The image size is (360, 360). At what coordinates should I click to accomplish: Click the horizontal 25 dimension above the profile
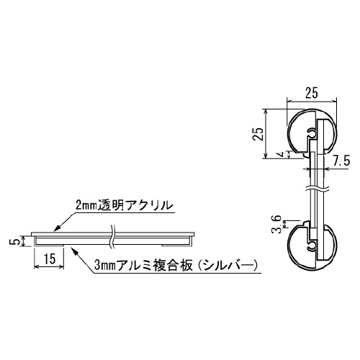312,91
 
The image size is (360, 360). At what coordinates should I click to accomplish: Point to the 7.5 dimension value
343,159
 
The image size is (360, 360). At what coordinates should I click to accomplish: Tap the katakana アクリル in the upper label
153,206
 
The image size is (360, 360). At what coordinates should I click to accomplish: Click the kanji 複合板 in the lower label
177,266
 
